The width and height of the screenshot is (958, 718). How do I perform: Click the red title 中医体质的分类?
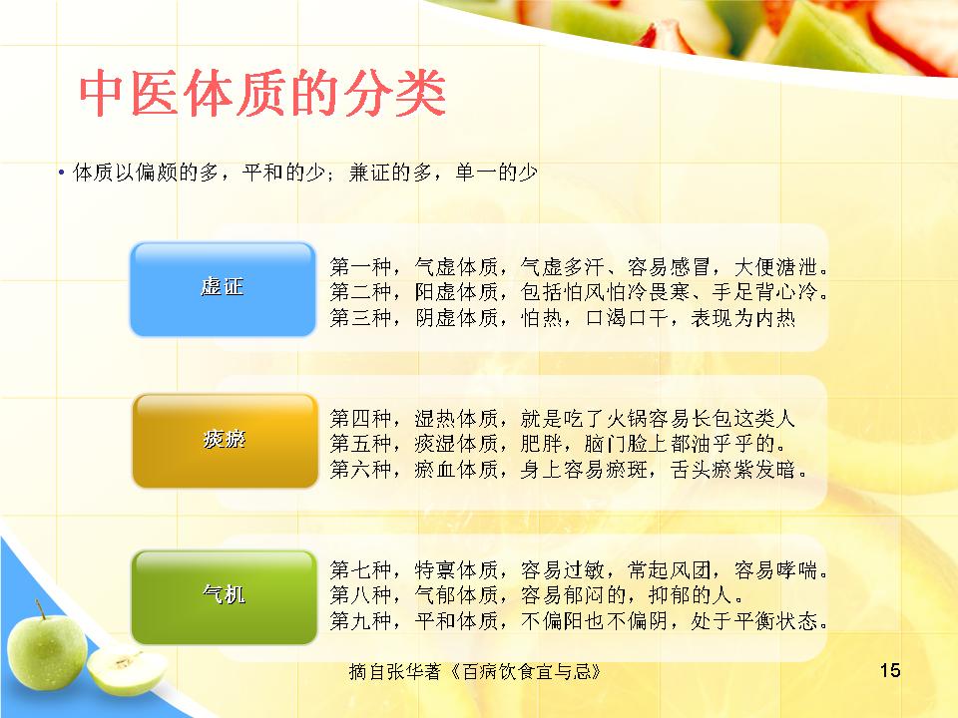pyautogui.click(x=262, y=94)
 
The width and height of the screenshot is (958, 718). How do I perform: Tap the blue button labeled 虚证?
pyautogui.click(x=223, y=289)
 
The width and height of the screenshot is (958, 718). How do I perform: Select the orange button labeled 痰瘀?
pyautogui.click(x=225, y=440)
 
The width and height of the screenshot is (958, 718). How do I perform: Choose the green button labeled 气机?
pyautogui.click(x=225, y=597)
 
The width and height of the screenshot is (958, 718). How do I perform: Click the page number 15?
pyautogui.click(x=889, y=670)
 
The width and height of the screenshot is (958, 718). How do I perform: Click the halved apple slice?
pyautogui.click(x=127, y=671)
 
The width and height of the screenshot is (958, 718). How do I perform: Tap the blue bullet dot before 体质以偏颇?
pyautogui.click(x=61, y=174)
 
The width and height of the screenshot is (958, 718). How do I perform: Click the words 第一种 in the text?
pyautogui.click(x=360, y=267)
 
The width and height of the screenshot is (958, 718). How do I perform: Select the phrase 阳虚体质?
pyautogui.click(x=456, y=292)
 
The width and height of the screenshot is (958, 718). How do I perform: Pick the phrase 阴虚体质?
pyautogui.click(x=456, y=317)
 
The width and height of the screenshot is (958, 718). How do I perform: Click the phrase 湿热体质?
pyautogui.click(x=456, y=418)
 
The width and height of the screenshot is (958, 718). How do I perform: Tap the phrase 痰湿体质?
pyautogui.click(x=456, y=444)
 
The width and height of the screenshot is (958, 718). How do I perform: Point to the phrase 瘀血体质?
pyautogui.click(x=456, y=469)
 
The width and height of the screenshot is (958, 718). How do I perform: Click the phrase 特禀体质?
pyautogui.click(x=456, y=569)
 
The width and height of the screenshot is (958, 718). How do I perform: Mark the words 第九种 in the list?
pyautogui.click(x=360, y=620)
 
